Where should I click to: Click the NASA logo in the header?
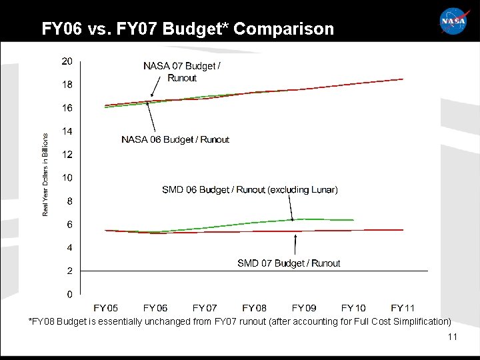coord(454,21)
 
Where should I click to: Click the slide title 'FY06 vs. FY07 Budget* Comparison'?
coord(187,29)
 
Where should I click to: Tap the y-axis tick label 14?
coord(67,131)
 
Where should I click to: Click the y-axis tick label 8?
coord(69,201)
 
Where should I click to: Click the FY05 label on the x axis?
coord(106,308)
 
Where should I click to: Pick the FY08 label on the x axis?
coord(254,308)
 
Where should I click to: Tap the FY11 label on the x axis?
coord(403,308)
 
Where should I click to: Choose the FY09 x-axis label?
coord(304,308)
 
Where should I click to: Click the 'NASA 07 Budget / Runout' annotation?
coord(182,72)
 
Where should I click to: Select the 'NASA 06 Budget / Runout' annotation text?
coord(175,139)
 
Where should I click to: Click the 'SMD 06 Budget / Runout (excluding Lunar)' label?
coord(250,190)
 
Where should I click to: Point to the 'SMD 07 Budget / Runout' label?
coord(289,263)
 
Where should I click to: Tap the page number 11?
coord(453,337)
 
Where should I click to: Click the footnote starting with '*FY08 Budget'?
coord(239,321)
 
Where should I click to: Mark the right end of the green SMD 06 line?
coord(353,219)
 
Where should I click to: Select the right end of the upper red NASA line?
coord(403,79)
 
